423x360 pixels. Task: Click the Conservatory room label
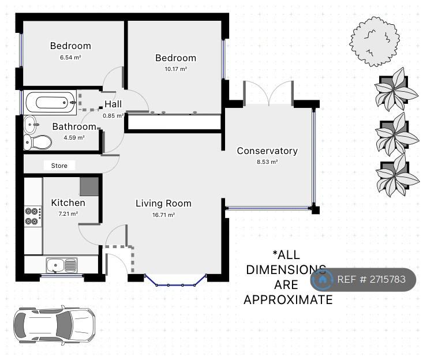point(267,151)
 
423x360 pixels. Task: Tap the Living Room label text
point(163,203)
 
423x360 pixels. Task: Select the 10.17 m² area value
point(175,69)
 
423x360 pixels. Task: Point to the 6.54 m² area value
point(70,57)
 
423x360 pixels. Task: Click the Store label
point(59,166)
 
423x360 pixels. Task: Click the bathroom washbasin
point(31,124)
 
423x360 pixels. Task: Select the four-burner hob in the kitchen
point(32,216)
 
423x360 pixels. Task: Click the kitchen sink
point(62,265)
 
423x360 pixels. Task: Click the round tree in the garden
point(375,41)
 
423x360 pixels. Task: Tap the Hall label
point(113,104)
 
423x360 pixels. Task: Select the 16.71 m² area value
point(163,214)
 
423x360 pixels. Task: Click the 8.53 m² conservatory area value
point(267,162)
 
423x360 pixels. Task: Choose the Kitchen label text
point(68,202)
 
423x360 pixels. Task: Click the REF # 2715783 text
point(372,280)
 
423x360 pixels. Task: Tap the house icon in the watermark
point(323,280)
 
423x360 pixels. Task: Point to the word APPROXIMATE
point(288,299)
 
